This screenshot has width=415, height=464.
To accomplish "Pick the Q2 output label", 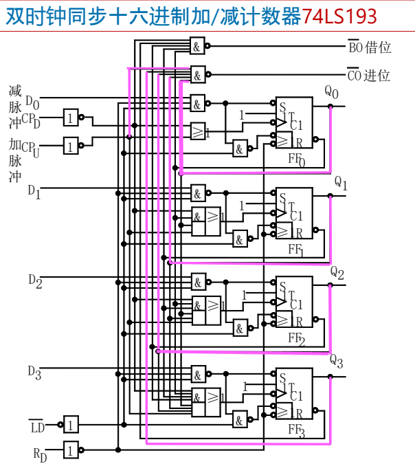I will coord(337,272).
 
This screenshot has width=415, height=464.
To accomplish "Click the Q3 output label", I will coord(336,360).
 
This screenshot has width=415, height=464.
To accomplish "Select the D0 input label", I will coord(32,102).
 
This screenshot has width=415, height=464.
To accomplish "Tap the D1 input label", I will coord(34,192).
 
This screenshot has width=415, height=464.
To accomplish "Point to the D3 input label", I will coord(34,372).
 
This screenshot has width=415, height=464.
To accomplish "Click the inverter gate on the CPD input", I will coord(71,118).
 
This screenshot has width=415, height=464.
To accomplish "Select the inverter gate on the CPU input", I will coord(71,146).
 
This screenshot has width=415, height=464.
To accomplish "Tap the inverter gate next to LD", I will coord(71,424).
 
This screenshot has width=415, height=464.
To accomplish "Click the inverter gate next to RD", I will coord(71,450).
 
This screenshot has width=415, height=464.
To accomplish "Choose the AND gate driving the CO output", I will coord(198,74).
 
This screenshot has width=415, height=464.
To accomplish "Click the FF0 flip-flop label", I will coord(296,159).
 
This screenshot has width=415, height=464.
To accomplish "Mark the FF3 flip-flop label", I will coord(296,432).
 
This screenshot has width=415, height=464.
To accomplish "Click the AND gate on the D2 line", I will coord(198,281).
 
